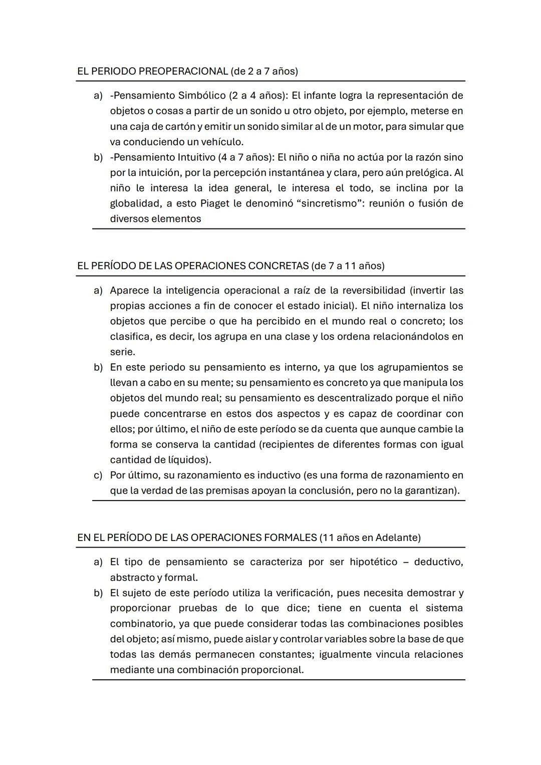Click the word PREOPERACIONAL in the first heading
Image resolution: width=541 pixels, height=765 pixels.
(x=183, y=71)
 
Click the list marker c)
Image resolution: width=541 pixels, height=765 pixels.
(x=98, y=475)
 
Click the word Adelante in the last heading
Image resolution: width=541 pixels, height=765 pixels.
(x=398, y=538)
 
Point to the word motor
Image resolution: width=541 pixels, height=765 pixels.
(x=367, y=126)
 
